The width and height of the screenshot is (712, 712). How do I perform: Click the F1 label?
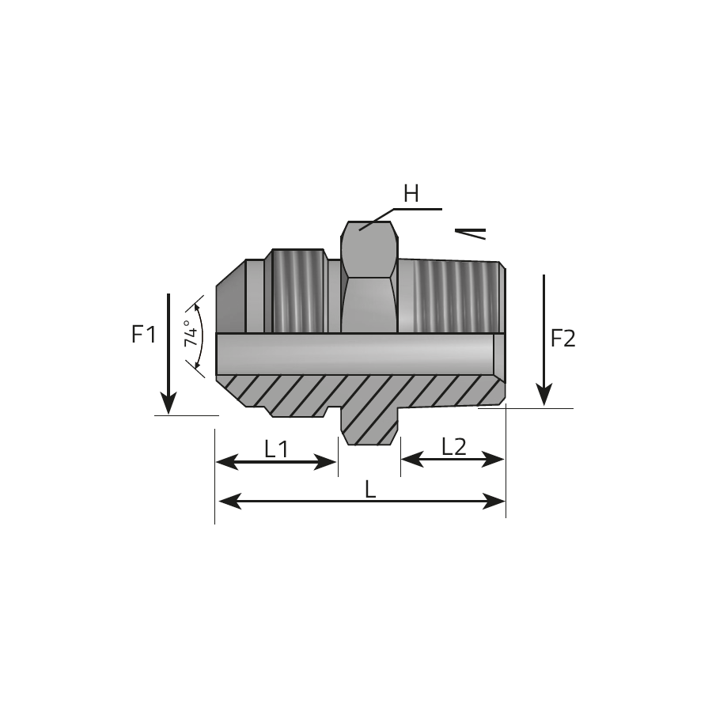143,334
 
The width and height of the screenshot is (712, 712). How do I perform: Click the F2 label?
563,339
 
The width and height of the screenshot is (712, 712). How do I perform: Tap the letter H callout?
411,194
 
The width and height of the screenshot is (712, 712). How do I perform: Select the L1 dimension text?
276,449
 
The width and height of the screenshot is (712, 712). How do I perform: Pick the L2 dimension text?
454,447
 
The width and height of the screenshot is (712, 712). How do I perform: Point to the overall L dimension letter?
370,490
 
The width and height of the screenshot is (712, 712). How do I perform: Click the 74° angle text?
191,334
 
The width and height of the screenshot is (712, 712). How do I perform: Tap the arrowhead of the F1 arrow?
169,403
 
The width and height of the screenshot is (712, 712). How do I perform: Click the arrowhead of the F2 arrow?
544,395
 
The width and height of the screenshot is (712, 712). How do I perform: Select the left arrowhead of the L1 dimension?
227,462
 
